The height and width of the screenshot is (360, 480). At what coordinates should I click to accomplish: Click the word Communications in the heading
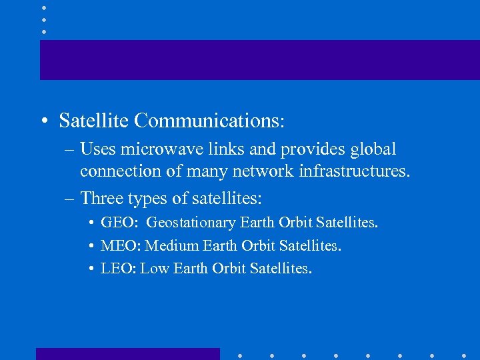coord(209,121)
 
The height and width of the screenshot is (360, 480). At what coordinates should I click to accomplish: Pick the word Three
coord(101,198)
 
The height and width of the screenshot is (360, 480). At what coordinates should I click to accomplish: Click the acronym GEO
coord(118,223)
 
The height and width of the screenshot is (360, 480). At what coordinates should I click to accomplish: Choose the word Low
coord(154,269)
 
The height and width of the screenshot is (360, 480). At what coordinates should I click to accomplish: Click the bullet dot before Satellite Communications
coord(43,121)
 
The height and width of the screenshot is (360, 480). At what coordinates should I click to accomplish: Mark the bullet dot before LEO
coord(90,269)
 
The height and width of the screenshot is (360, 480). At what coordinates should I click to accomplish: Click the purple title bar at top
coord(259,60)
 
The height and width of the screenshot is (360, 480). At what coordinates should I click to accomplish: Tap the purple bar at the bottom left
coord(127,354)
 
